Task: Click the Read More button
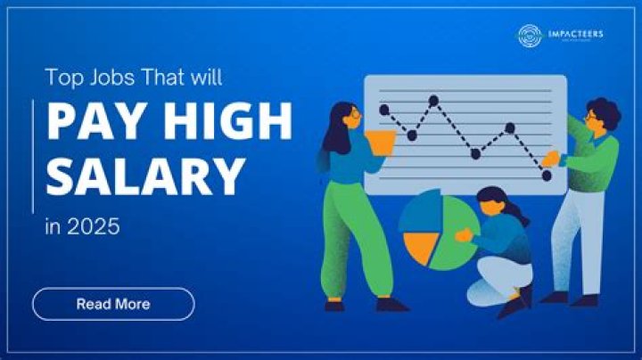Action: point(113,304)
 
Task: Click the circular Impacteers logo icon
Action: point(530,36)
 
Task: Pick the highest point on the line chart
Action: point(434,101)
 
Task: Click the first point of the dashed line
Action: point(384,110)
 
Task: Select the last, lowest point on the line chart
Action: point(547,176)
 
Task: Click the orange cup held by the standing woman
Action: point(382,142)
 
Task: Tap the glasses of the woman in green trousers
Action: point(355,113)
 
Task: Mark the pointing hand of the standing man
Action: point(551,158)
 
